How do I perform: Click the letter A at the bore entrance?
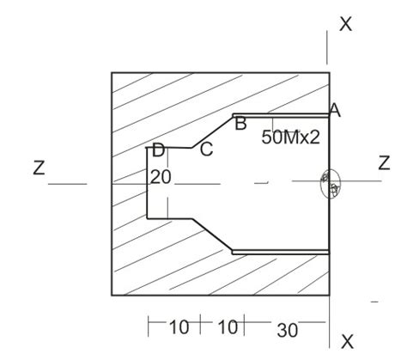point(335,110)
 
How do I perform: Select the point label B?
point(241,123)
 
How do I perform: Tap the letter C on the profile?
point(206,149)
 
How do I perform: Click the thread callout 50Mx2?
point(290,137)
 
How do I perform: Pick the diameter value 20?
point(161,177)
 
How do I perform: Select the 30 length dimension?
point(287,327)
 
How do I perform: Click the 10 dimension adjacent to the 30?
point(227,327)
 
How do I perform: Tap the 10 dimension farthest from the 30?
point(179,327)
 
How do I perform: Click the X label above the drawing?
point(345,24)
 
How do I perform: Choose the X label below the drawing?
point(347,342)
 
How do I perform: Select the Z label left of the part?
point(39,168)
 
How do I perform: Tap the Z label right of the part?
point(384,163)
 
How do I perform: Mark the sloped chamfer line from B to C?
point(212,131)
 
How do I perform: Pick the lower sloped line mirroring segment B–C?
point(212,234)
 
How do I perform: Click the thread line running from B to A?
point(281,114)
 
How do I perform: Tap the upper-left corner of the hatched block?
point(112,73)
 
